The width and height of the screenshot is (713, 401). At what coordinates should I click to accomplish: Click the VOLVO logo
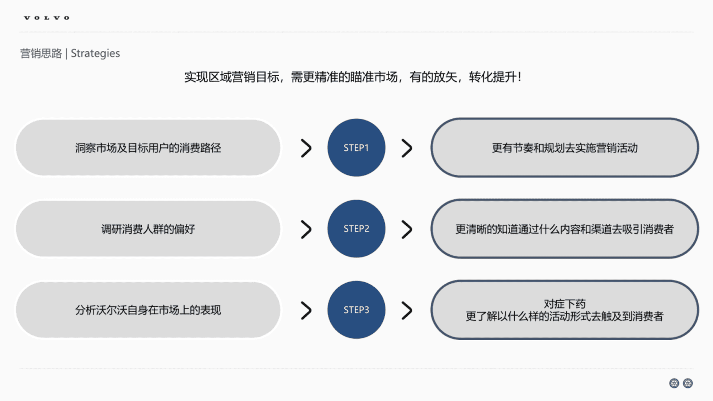[x=47, y=18]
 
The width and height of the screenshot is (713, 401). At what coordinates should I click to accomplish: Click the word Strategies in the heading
[x=95, y=53]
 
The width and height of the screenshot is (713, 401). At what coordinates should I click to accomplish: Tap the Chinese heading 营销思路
[x=41, y=53]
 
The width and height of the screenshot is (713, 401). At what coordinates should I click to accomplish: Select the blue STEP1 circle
[x=356, y=148]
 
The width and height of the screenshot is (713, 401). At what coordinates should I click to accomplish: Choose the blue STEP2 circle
[x=356, y=229]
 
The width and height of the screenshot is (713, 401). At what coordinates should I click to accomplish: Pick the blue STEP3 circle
[x=356, y=310]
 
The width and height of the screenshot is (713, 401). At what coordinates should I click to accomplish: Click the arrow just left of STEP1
[x=306, y=148]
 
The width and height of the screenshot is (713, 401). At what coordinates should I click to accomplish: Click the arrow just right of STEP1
[x=407, y=148]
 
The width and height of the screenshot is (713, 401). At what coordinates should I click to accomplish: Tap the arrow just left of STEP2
[x=306, y=229]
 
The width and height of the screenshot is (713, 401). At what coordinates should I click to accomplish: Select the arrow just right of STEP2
[x=407, y=229]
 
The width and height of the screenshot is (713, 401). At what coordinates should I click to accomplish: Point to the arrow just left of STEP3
[x=306, y=310]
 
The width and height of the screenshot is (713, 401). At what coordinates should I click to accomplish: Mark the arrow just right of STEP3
[x=407, y=310]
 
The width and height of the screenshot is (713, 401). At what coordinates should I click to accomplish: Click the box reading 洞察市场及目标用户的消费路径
[x=148, y=148]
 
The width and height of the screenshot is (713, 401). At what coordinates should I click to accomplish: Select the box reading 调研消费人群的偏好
[x=148, y=229]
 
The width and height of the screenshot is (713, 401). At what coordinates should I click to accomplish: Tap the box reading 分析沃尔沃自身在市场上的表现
[x=148, y=310]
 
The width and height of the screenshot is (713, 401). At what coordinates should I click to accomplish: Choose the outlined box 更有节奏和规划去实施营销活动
[x=564, y=148]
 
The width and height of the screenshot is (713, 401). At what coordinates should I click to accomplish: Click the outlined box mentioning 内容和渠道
[x=564, y=229]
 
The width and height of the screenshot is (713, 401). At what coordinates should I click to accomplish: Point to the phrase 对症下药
[x=564, y=304]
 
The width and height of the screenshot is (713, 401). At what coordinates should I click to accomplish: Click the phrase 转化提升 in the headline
[x=492, y=77]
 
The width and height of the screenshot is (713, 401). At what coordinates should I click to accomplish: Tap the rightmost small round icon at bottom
[x=688, y=383]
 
